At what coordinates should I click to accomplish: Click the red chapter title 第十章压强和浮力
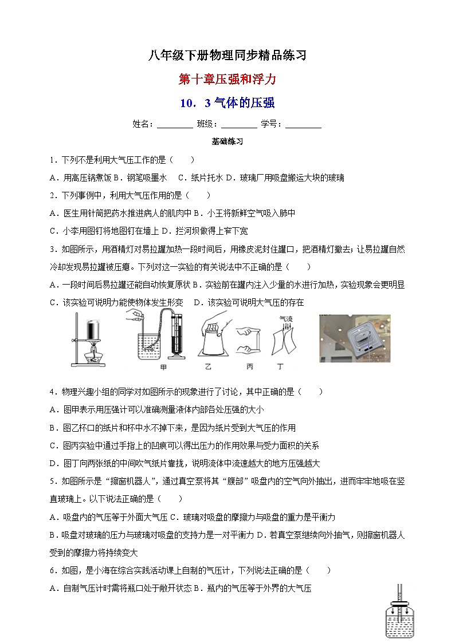point(227,79)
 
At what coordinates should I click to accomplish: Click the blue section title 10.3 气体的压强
point(227,103)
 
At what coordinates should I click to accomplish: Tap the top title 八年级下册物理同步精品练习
point(227,56)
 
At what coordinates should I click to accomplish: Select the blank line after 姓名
point(175,125)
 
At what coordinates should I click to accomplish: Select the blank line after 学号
point(303,125)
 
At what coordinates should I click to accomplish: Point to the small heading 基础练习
point(227,141)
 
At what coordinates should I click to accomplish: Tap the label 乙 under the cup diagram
point(213,366)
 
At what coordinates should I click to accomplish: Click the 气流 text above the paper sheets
point(285,319)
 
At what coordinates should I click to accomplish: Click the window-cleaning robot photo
point(355,338)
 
